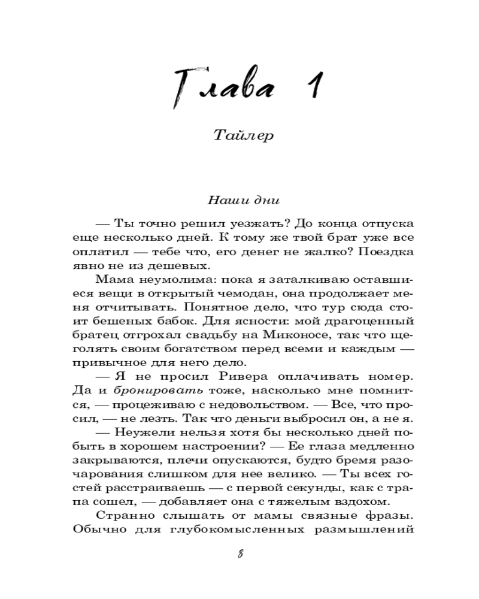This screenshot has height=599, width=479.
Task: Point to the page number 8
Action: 240,554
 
